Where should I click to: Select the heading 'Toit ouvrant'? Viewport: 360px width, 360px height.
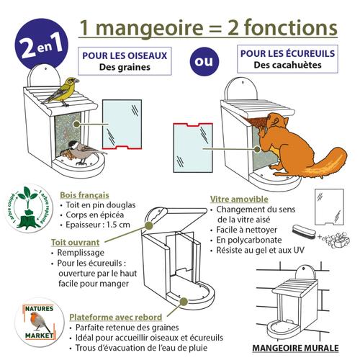pyautogui.click(x=75, y=243)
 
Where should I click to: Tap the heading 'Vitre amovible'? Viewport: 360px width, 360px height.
pyautogui.click(x=239, y=199)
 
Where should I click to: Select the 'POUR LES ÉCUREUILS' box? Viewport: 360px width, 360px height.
pyautogui.click(x=287, y=59)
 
